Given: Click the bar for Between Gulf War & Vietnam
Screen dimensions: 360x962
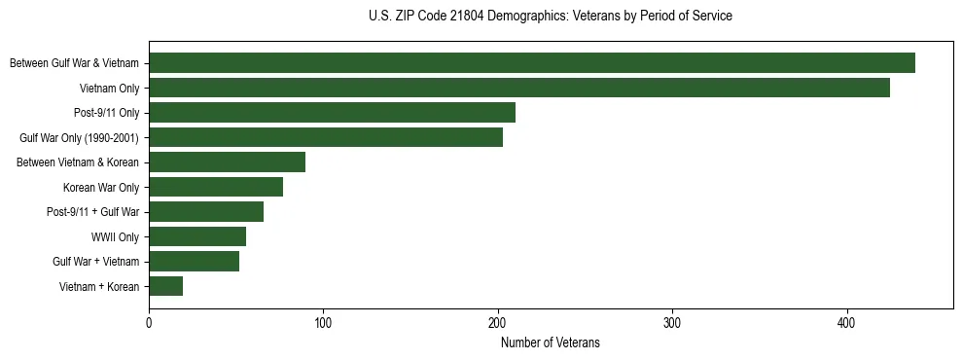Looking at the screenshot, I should pos(532,63).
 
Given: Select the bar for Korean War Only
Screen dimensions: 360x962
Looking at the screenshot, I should pos(216,187).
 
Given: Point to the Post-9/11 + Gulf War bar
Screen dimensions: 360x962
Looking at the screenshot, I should pos(206,212).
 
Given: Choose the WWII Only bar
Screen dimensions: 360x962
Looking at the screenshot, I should pos(197,236).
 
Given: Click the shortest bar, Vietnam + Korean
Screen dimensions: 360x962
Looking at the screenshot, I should pos(165,286).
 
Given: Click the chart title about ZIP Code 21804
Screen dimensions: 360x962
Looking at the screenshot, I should pos(551,17).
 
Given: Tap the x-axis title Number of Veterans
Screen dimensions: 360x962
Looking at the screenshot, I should pos(551,343).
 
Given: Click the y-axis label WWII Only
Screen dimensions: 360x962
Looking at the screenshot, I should pos(115,237).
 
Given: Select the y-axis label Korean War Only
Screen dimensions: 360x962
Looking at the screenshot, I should pos(101,188).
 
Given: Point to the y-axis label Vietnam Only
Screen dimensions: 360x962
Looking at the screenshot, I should pos(109,89).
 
